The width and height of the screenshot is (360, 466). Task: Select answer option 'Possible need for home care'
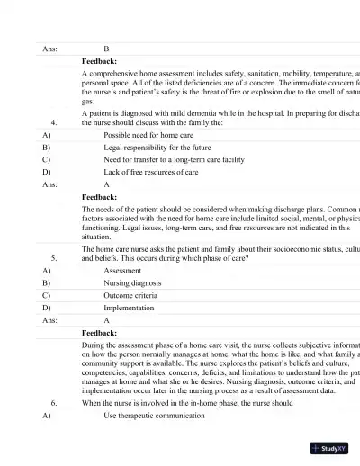point(148,134)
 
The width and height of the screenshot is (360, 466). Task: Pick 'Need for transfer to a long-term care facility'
point(174,159)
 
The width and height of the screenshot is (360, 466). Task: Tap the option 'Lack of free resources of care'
point(151,171)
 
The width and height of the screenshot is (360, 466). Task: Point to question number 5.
point(56,256)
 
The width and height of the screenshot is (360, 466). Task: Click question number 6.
point(56,403)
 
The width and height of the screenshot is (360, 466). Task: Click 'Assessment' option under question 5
point(122,269)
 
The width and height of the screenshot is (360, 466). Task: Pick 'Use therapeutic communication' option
point(154,416)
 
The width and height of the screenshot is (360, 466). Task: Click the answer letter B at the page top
point(107,49)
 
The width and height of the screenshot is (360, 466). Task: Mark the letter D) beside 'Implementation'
point(46,307)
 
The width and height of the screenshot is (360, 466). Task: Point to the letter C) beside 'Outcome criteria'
point(46,294)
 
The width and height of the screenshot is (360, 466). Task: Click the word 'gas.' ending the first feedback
point(87,102)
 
